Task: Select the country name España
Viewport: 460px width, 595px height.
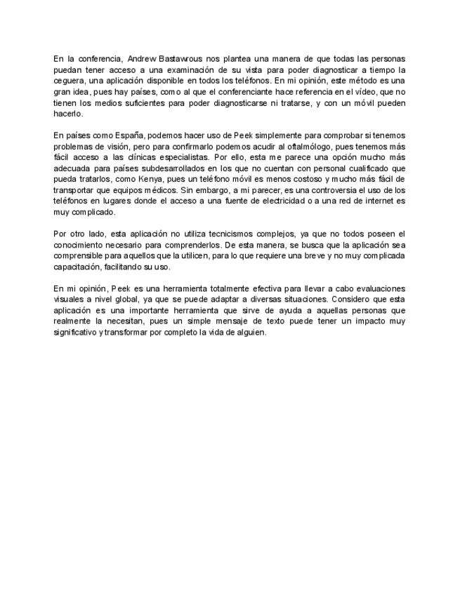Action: [x=119, y=134]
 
